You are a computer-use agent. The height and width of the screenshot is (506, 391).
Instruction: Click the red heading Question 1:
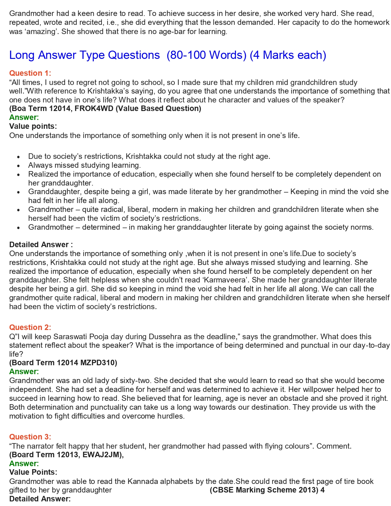click(x=30, y=73)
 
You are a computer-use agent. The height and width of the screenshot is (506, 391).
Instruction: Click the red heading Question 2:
click(x=30, y=327)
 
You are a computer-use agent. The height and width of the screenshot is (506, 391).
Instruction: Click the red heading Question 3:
click(x=30, y=437)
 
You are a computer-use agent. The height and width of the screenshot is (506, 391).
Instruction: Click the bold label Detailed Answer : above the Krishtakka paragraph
click(x=41, y=244)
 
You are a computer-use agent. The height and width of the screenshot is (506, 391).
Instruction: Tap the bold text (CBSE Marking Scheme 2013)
click(x=264, y=490)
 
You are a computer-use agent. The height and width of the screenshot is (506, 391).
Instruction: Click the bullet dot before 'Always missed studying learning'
click(x=19, y=166)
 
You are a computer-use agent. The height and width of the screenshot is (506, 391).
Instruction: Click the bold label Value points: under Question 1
click(x=33, y=126)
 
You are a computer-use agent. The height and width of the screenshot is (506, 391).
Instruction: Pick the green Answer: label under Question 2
click(x=24, y=372)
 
